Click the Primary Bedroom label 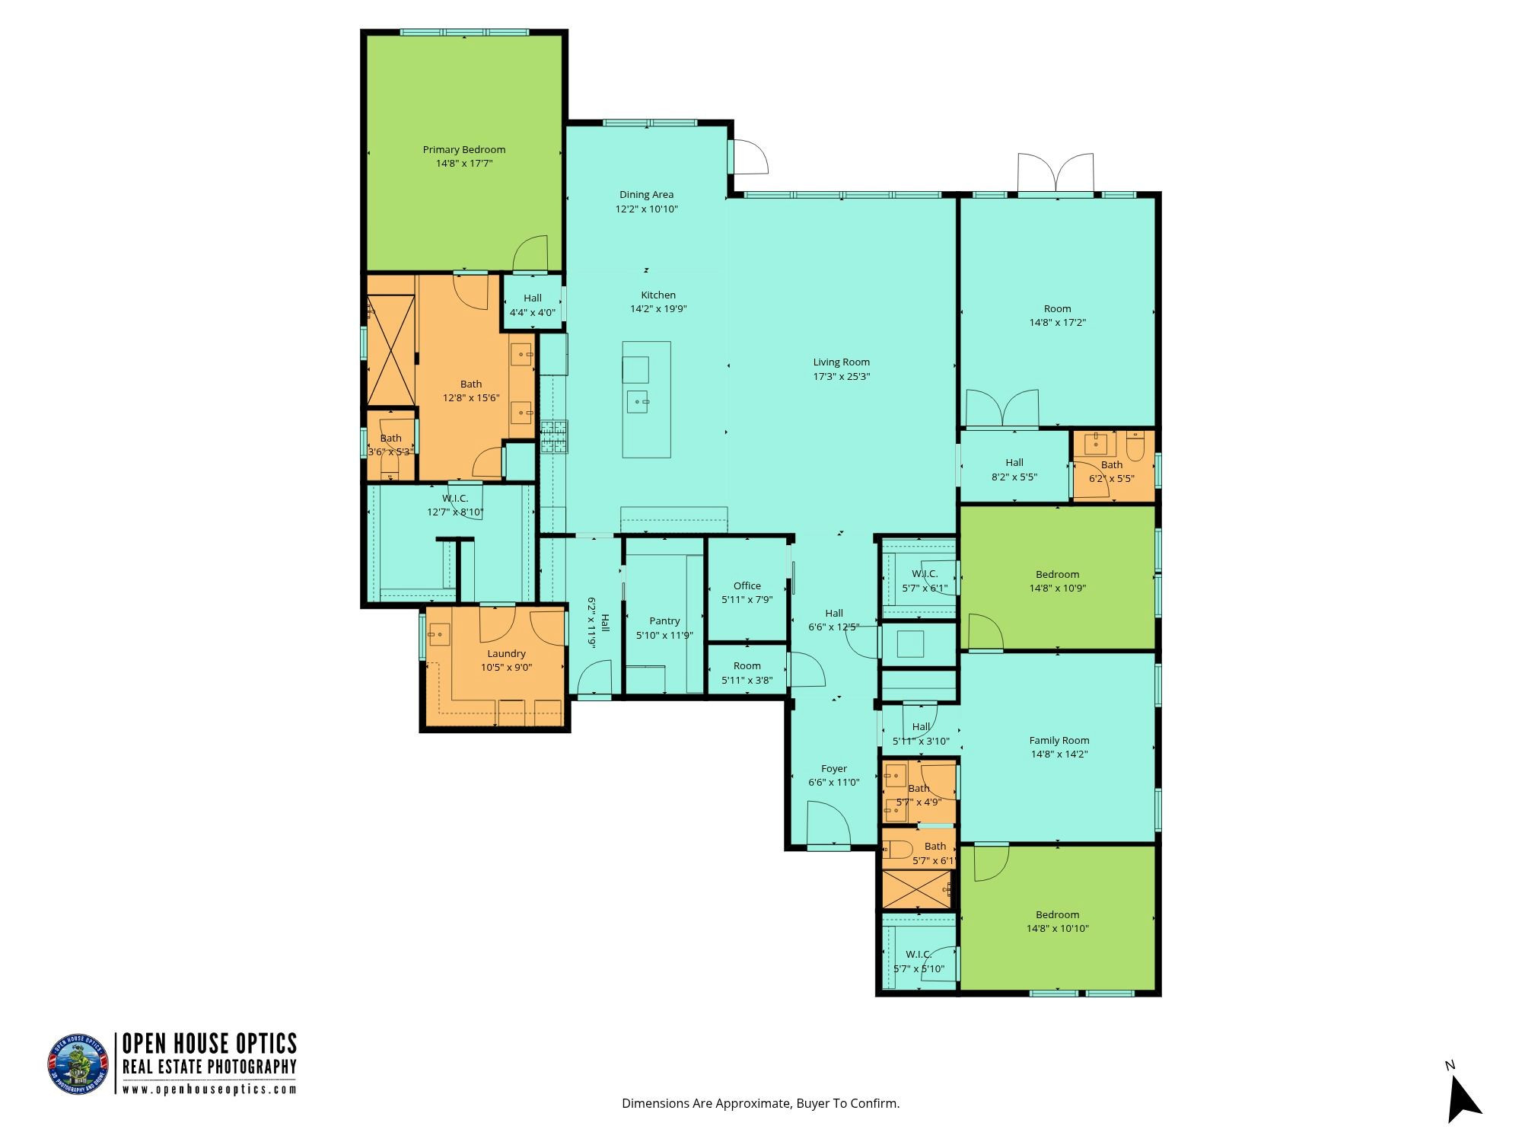[x=464, y=150]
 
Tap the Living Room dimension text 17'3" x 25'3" [x=841, y=376]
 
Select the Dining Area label [x=646, y=195]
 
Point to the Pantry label [x=664, y=621]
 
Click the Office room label [x=747, y=585]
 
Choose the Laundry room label [x=506, y=653]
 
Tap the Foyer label [x=834, y=769]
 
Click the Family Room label [x=1059, y=740]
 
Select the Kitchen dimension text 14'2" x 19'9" [x=658, y=309]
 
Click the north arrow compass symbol [x=1462, y=1099]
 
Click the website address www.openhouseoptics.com [x=209, y=1089]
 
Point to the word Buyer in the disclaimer [x=812, y=1103]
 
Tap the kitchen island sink [x=637, y=401]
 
